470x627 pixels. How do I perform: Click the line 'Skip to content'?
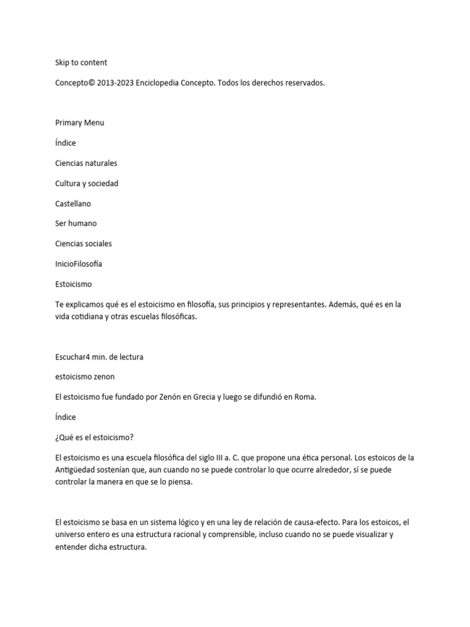coord(81,62)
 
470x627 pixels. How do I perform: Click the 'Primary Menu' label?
coord(80,122)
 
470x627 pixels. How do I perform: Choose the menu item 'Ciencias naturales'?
coord(86,163)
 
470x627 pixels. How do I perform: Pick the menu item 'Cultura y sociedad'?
coord(86,183)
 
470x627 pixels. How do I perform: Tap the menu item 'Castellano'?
coord(73,203)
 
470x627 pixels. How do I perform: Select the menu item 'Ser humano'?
coord(76,223)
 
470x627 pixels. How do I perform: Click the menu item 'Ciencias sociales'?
coord(83,244)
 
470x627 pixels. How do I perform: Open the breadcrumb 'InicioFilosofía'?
coord(78,264)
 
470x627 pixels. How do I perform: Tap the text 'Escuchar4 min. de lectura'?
coord(99,356)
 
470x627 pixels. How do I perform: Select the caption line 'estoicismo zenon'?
coord(84,377)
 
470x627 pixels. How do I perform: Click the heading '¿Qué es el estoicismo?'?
coord(94,437)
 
